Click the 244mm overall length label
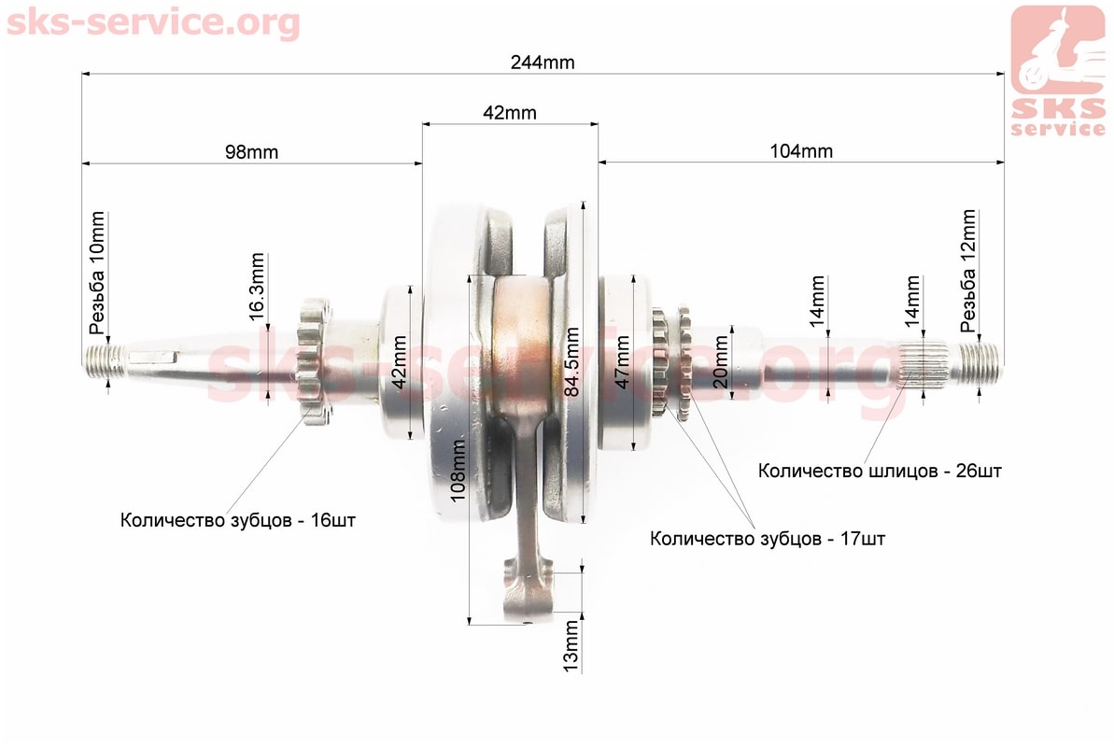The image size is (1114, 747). [x=543, y=63]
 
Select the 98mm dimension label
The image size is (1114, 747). [x=251, y=152]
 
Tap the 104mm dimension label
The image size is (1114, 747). [x=800, y=151]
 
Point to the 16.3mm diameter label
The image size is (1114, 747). [x=257, y=287]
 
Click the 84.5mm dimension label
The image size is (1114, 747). [x=571, y=361]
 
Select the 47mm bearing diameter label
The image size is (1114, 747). [x=622, y=361]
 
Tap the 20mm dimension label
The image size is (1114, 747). [x=720, y=361]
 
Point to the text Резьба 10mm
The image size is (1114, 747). [x=96, y=273]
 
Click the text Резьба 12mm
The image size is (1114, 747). [x=967, y=271]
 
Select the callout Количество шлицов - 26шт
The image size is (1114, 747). [x=880, y=472]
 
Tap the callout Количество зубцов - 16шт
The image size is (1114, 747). [x=238, y=520]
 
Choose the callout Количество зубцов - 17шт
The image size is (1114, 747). [x=768, y=539]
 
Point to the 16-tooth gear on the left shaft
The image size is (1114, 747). [x=314, y=361]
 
